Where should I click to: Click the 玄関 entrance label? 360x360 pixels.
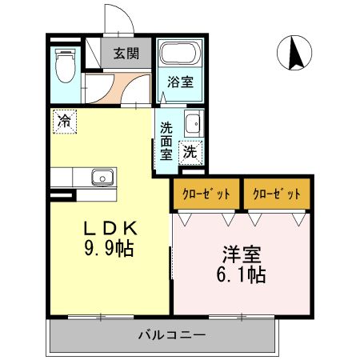[x=126, y=54]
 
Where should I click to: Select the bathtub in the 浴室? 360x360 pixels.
[x=181, y=54]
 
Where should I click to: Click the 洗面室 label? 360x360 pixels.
[x=166, y=140]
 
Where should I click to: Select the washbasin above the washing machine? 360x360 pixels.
[x=192, y=124]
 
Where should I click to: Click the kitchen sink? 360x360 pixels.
[x=101, y=177]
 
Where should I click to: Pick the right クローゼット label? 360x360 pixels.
[x=276, y=194]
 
